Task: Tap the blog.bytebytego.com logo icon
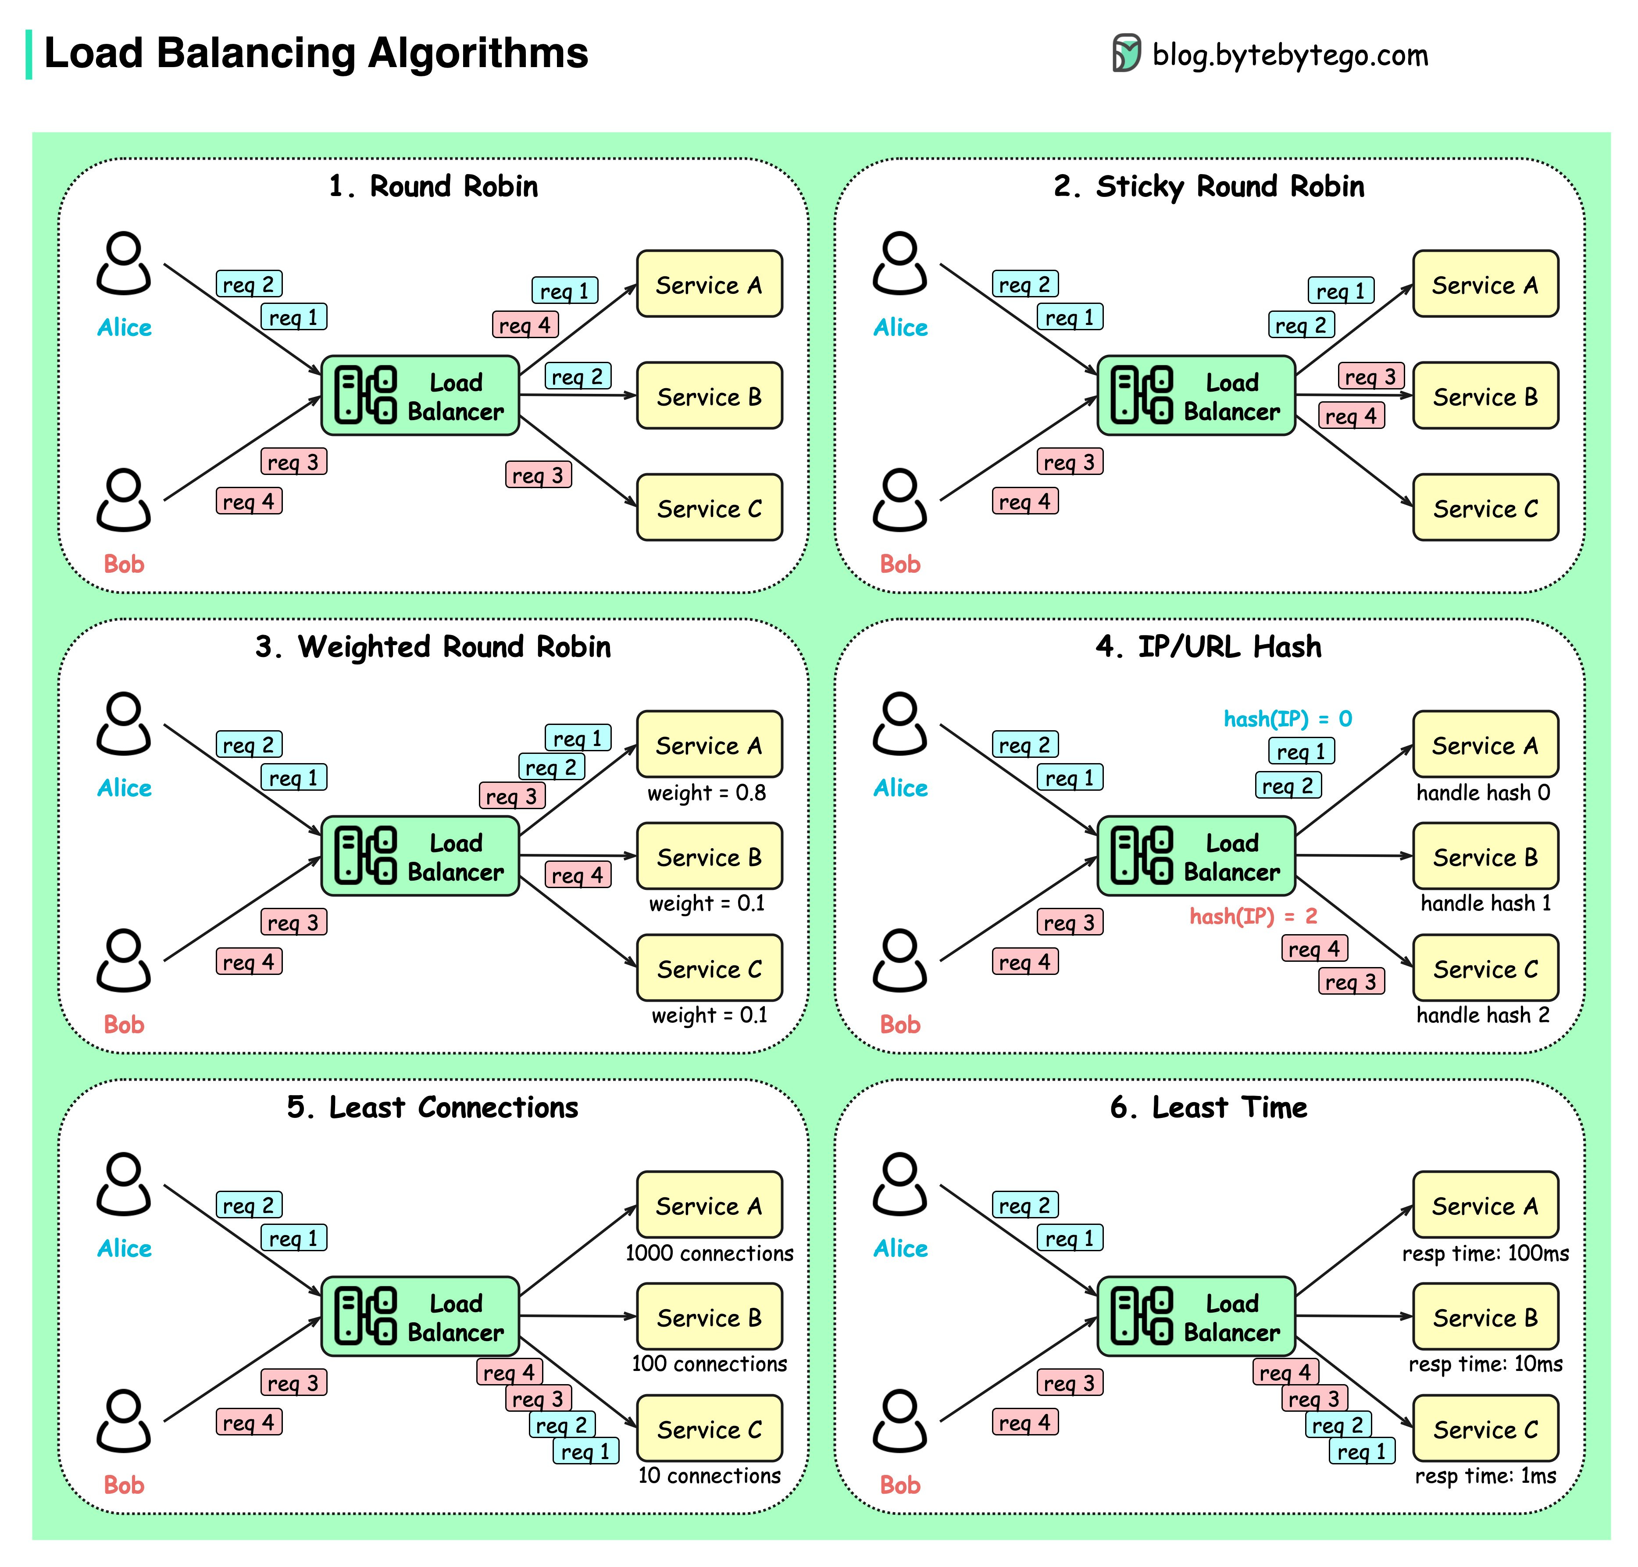pos(1125,54)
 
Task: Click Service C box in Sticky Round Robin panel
pos(1485,508)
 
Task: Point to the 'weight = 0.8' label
pos(706,792)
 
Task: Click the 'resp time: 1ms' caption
pos(1485,1476)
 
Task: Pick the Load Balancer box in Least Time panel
pos(1195,1317)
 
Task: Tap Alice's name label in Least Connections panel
pos(124,1248)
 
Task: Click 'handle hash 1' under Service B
pos(1485,903)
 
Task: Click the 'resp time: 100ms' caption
pos(1485,1253)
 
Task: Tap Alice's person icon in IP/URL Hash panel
pos(899,723)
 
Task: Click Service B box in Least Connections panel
pos(708,1317)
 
